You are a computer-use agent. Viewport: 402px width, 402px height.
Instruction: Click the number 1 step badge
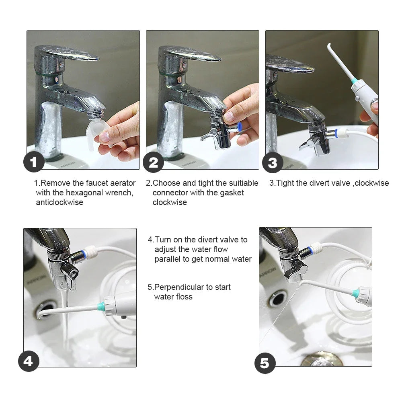click(x=34, y=162)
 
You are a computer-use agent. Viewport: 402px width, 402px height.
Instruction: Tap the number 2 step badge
click(x=153, y=162)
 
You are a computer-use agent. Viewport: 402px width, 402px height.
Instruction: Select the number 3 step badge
click(x=273, y=163)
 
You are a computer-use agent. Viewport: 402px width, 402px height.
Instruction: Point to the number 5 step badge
click(x=265, y=363)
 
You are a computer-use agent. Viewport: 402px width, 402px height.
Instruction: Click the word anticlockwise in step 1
click(x=59, y=202)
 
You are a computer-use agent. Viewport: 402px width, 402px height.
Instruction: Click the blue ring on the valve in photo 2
click(x=240, y=127)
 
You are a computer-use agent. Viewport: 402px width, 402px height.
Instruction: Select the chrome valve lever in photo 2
click(x=206, y=135)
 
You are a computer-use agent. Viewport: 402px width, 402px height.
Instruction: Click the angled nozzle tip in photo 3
click(x=331, y=50)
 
